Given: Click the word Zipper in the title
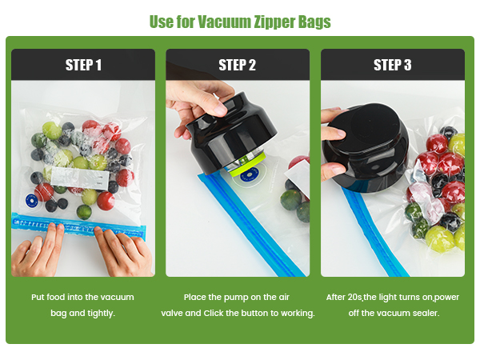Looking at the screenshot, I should click(x=272, y=22).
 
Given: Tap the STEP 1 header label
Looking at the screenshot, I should click(x=83, y=65).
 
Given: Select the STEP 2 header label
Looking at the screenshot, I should click(x=238, y=65).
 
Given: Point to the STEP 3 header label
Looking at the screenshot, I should click(x=392, y=65).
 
